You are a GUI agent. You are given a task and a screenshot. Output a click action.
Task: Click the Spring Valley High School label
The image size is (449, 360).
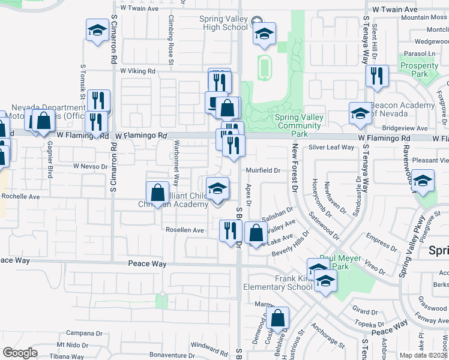[x=223, y=23]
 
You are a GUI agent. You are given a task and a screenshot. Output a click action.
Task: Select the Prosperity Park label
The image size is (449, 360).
[x=419, y=70]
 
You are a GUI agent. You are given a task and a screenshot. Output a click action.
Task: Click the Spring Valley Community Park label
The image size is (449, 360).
[x=298, y=121]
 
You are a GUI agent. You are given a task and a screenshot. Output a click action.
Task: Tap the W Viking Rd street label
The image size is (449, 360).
[x=137, y=71]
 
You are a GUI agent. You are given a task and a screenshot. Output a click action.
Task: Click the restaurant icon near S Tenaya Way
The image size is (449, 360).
[x=376, y=76]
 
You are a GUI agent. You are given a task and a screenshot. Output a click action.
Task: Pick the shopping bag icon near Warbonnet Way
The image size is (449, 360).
[x=157, y=194]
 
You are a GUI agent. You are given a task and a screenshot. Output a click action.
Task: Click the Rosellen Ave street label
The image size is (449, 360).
[x=185, y=230]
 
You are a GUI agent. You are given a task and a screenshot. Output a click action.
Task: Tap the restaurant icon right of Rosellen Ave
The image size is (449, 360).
[x=230, y=230]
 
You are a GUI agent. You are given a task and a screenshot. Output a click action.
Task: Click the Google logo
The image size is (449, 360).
[x=20, y=353]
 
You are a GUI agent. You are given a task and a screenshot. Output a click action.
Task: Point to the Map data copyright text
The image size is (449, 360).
[x=423, y=355]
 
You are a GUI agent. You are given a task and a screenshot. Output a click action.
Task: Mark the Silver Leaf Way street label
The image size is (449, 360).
[x=330, y=148]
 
